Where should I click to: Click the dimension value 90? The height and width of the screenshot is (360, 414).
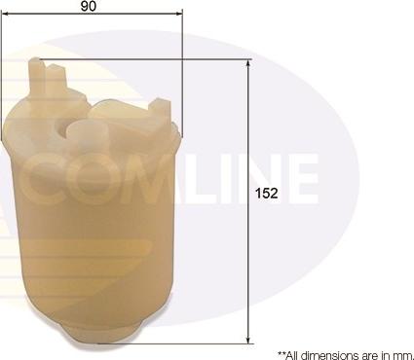pyautogui.click(x=89, y=6)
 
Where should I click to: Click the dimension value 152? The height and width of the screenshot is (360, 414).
pyautogui.click(x=266, y=194)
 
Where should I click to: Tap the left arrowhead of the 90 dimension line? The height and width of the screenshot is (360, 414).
pyautogui.click(x=5, y=14)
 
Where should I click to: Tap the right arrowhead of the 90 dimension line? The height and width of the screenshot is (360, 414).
pyautogui.click(x=179, y=14)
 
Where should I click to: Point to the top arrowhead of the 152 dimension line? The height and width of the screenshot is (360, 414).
pyautogui.click(x=248, y=63)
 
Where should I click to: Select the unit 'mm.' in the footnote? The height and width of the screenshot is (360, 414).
pyautogui.click(x=405, y=355)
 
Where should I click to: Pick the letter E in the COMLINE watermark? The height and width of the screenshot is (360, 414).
pyautogui.click(x=304, y=179)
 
